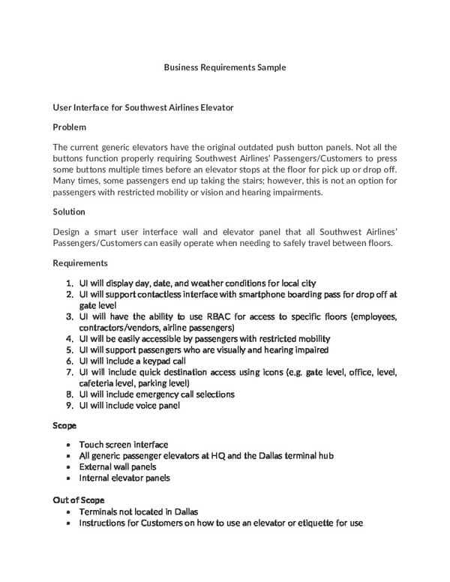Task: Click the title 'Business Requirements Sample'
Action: (225, 67)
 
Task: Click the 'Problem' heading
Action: (69, 127)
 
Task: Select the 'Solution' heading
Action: (69, 211)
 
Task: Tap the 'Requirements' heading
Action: (80, 263)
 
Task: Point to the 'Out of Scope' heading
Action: (78, 499)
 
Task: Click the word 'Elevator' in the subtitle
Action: (215, 108)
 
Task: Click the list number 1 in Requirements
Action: (69, 283)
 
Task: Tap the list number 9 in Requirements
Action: (69, 406)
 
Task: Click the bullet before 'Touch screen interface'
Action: (68, 445)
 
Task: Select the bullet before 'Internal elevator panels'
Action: (68, 478)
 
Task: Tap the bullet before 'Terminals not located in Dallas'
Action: (68, 511)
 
